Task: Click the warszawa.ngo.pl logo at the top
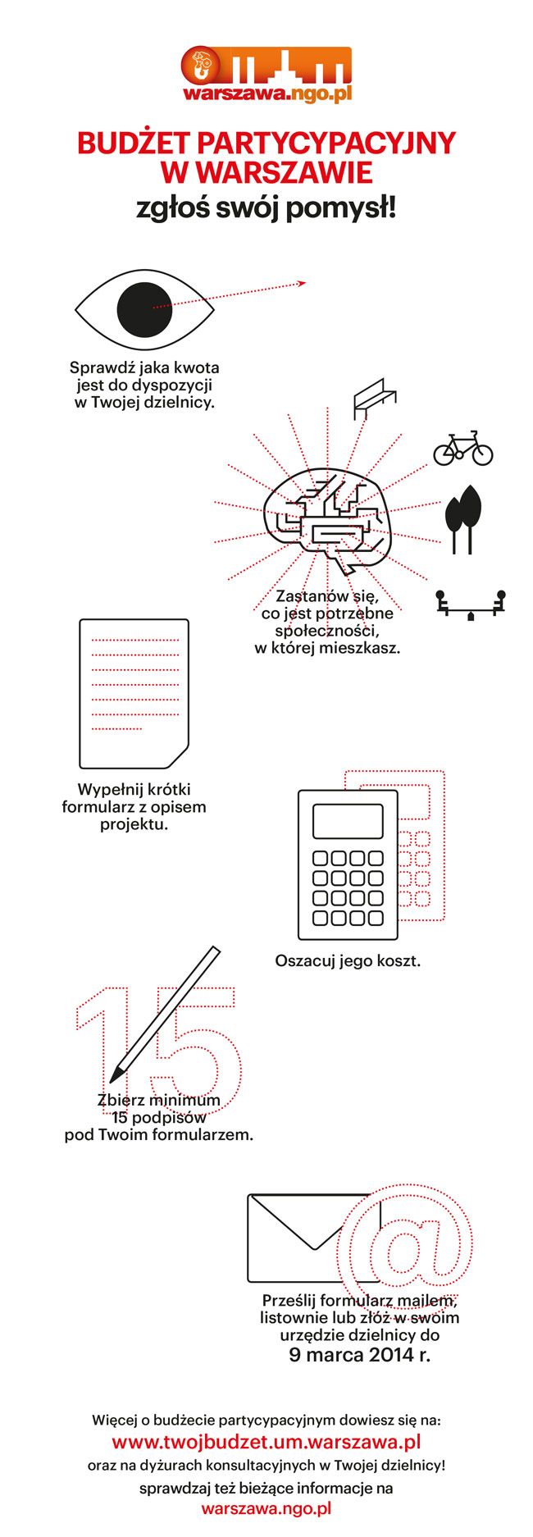[267, 75]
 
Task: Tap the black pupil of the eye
[145, 309]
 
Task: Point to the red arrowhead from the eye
[301, 284]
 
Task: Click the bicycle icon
[463, 449]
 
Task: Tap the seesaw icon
[471, 605]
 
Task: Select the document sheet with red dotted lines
[134, 693]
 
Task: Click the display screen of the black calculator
[348, 821]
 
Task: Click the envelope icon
[313, 1238]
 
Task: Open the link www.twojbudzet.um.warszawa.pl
[266, 1441]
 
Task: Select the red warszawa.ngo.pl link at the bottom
[266, 1507]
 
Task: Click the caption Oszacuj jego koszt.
[348, 960]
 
